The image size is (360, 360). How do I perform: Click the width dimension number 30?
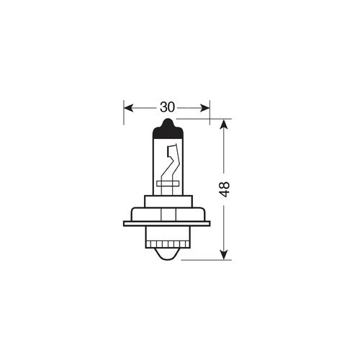point(167,107)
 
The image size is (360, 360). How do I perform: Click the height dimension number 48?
point(225,189)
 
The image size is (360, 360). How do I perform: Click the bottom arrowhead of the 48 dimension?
point(225,253)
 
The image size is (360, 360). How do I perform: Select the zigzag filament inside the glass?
point(171,164)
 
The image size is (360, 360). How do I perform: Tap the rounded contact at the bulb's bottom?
point(167,251)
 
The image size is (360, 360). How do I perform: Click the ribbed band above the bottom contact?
point(167,238)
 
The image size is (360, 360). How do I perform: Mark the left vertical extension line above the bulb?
point(125,112)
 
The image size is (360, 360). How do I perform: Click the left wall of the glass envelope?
point(152,166)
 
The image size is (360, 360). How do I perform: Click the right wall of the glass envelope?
point(182,166)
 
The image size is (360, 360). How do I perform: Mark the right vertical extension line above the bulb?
point(210,112)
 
